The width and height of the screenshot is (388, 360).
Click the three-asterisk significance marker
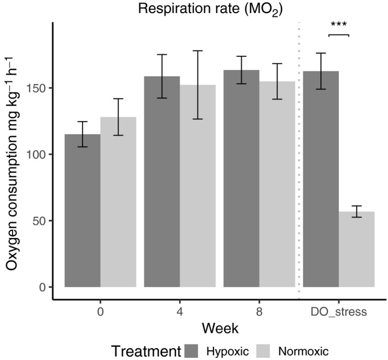click(x=338, y=25)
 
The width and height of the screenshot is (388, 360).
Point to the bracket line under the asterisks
click(x=338, y=34)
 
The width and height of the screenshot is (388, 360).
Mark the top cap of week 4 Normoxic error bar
click(x=198, y=51)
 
